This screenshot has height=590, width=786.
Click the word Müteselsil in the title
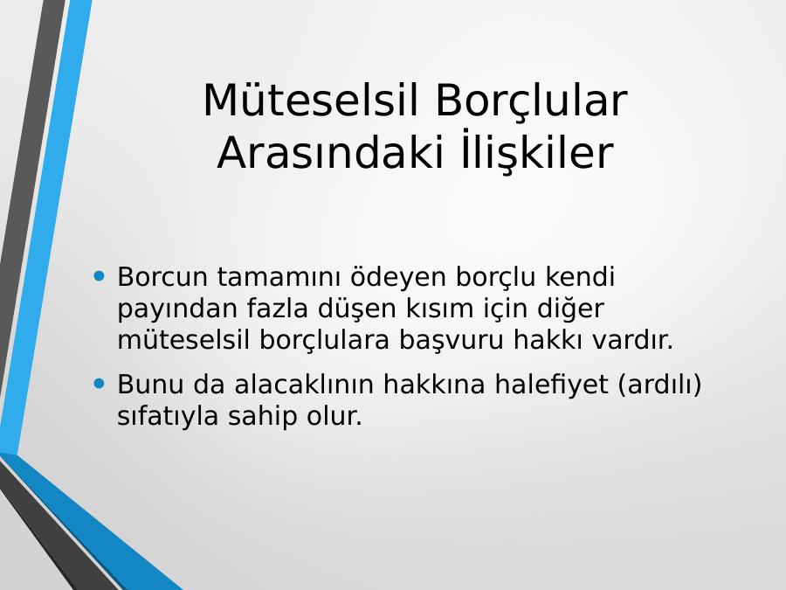(311, 100)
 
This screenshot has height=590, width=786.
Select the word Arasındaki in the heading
(330, 152)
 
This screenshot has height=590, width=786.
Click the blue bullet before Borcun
(99, 276)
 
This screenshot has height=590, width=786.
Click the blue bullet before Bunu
(99, 384)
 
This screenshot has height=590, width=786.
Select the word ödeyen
(398, 277)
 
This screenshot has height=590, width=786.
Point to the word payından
(177, 309)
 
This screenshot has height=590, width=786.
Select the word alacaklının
(304, 384)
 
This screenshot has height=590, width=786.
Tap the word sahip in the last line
(262, 416)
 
